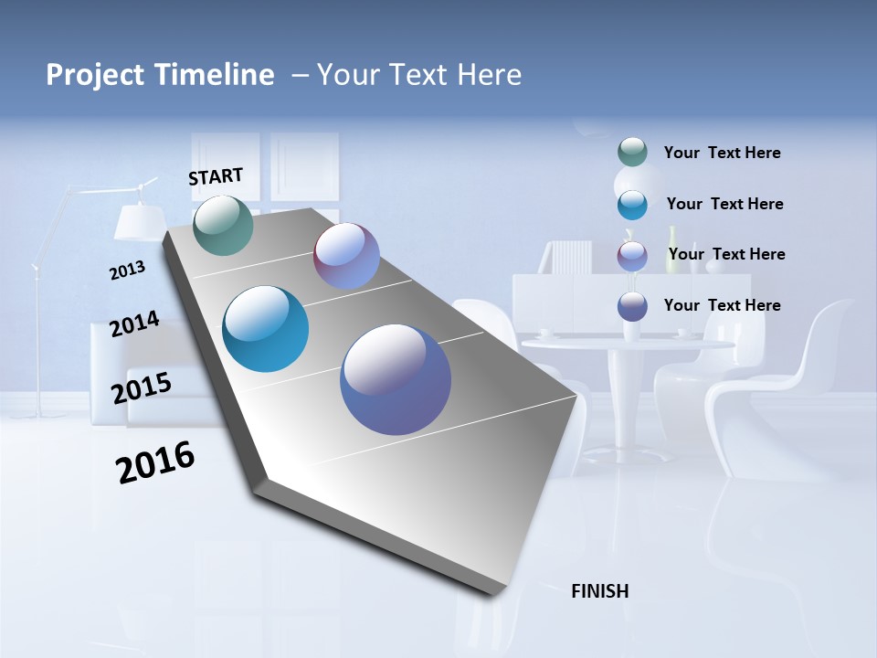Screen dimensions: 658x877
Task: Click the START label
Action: (216, 176)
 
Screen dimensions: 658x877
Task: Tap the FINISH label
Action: (599, 591)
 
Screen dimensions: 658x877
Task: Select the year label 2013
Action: (127, 271)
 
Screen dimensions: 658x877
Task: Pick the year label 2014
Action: (134, 324)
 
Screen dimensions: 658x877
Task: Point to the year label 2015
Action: (141, 388)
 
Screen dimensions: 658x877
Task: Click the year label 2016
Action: (155, 462)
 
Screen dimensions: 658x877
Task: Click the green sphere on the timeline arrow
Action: (223, 225)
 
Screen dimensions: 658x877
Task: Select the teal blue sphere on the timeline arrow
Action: (266, 329)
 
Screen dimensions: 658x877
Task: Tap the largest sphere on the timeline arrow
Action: (396, 379)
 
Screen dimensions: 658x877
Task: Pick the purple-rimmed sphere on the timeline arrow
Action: (346, 256)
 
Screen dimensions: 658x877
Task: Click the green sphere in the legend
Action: (632, 153)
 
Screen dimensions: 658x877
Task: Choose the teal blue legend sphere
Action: (632, 205)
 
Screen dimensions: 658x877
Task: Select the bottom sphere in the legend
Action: (632, 306)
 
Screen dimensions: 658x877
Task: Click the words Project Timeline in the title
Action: (160, 75)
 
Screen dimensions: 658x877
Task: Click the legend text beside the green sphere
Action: (722, 154)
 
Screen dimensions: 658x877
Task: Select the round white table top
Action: (628, 345)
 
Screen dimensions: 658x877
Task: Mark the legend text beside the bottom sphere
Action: (722, 305)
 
